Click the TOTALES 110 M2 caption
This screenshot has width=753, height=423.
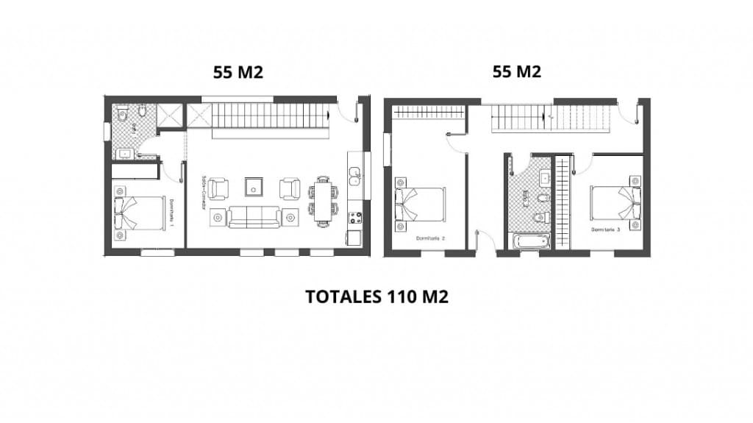coord(376,296)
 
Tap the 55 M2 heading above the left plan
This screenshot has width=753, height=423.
coord(238,72)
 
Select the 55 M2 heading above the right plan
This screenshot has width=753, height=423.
coord(516,72)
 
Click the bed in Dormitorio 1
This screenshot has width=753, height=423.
coord(140,213)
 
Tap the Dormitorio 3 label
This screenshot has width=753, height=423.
coord(606,230)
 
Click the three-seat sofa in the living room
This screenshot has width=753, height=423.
coord(254,217)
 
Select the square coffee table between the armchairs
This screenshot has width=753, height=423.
coord(254,187)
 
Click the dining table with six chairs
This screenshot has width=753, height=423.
coord(324,200)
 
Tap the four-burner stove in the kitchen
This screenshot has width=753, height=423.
coord(354,218)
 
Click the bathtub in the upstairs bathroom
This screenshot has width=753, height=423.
coord(527,241)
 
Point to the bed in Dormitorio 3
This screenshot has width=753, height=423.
coord(614,203)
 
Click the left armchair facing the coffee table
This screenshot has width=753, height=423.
coord(218,189)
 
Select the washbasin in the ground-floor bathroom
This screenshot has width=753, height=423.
coord(124,154)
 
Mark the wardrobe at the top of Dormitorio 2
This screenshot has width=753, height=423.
coord(427,112)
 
